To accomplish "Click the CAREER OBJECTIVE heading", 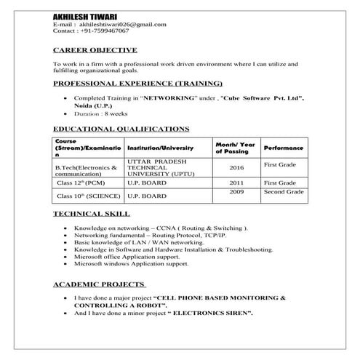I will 95,50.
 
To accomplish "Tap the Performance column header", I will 284,148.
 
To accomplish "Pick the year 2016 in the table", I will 236,167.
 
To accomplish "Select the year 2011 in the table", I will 236,183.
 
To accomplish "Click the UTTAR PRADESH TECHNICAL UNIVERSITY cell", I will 156,167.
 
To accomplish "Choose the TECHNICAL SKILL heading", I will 92,215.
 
